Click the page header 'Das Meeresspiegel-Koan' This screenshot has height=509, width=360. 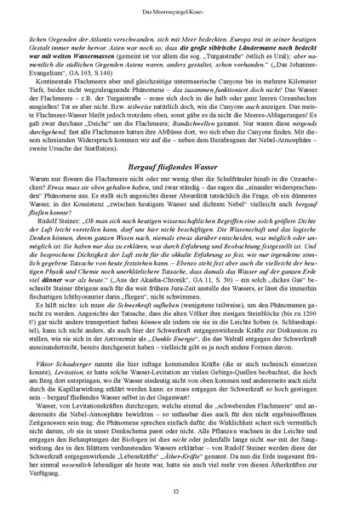pyautogui.click(x=180, y=10)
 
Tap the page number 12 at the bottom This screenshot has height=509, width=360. pyautogui.click(x=180, y=491)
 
